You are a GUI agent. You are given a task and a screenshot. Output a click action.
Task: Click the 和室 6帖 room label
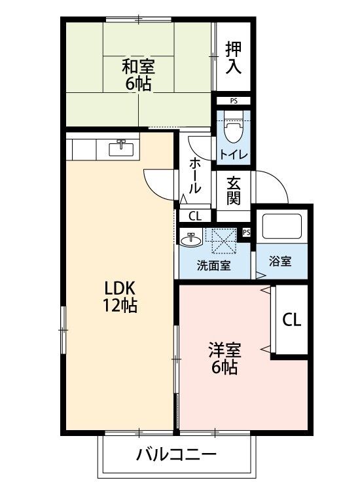click(138, 74)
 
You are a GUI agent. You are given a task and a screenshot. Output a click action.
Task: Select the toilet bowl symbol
click(233, 128)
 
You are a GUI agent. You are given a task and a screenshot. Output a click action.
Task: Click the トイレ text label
click(233, 155)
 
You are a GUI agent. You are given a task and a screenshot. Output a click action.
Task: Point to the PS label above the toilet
click(234, 101)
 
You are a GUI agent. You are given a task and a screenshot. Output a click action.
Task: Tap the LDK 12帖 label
click(119, 297)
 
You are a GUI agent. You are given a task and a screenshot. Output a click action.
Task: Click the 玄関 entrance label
click(234, 189)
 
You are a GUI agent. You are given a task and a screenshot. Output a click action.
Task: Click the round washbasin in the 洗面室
click(190, 240)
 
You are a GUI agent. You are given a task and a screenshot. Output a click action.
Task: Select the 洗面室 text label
click(213, 266)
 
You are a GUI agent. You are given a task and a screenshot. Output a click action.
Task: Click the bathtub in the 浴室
click(281, 227)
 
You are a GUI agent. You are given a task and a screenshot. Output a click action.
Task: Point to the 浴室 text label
click(281, 260)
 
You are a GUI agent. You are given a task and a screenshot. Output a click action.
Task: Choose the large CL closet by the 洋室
click(292, 320)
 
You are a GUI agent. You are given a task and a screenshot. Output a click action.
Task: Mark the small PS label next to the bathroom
click(247, 232)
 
